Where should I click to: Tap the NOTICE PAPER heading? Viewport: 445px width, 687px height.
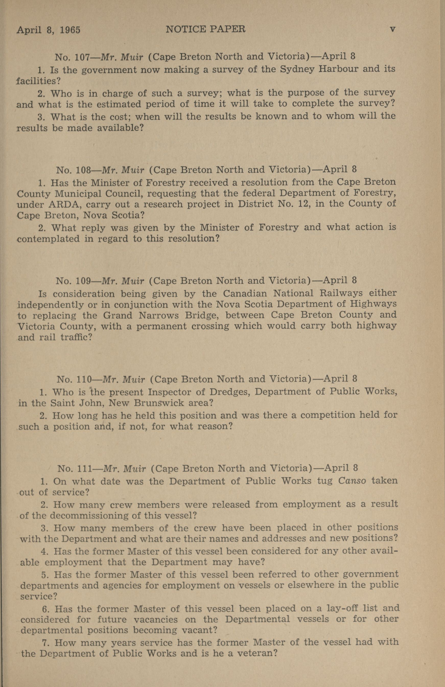click(x=205, y=29)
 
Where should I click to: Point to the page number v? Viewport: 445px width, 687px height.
click(x=392, y=29)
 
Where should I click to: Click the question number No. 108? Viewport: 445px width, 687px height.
click(x=74, y=170)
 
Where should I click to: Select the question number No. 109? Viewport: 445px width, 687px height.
click(x=73, y=281)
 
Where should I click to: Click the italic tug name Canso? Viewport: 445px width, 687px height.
click(x=352, y=481)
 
